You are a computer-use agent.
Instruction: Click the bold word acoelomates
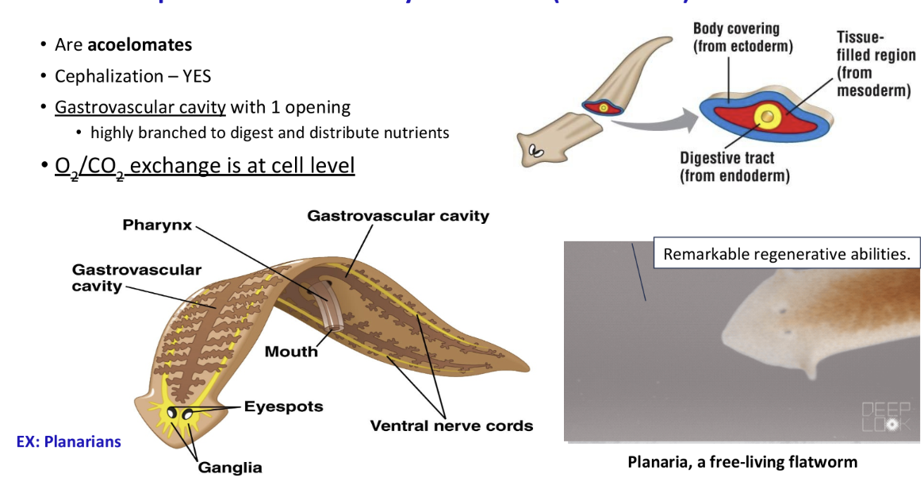[x=140, y=45]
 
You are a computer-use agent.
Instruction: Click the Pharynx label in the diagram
[x=157, y=225]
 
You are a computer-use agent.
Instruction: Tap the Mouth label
[x=291, y=351]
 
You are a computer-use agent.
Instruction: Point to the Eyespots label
[x=283, y=406]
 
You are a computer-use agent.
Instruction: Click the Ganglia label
[x=230, y=467]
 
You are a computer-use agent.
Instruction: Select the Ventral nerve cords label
[x=451, y=425]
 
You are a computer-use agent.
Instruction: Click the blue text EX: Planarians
[x=69, y=441]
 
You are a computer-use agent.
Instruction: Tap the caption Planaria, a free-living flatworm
[x=742, y=461]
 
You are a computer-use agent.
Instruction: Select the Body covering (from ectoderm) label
[x=742, y=38]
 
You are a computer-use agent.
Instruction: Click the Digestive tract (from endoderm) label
[x=734, y=167]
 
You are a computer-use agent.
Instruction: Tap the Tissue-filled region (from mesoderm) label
[x=875, y=64]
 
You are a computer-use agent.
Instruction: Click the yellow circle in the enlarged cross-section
[x=767, y=117]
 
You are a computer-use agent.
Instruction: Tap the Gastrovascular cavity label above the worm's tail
[x=398, y=216]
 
